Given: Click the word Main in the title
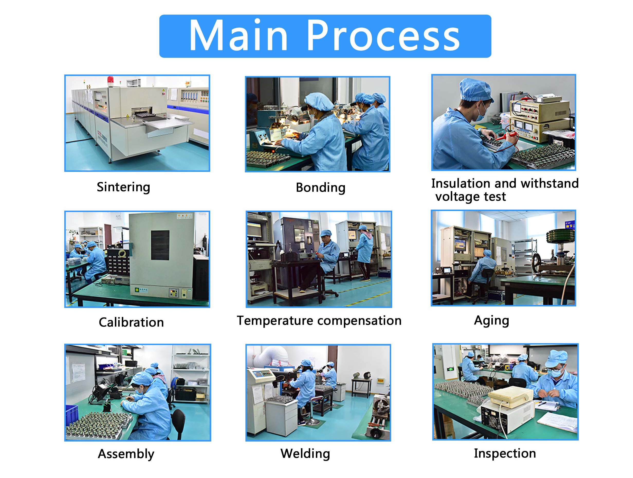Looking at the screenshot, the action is [x=238, y=35].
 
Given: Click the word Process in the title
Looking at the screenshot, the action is [x=383, y=36].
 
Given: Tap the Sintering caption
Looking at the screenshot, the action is [x=123, y=187].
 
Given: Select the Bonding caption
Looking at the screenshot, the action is [x=320, y=188].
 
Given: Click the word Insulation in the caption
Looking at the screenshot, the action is [x=466, y=183].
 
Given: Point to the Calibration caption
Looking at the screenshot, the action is [x=131, y=322].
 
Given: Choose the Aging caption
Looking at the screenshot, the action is [x=491, y=321].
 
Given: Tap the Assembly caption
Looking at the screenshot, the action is [x=126, y=454].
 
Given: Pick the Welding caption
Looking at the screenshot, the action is [x=305, y=454].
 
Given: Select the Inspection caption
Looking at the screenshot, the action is [x=505, y=453].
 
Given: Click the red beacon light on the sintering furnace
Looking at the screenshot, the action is [x=110, y=80].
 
